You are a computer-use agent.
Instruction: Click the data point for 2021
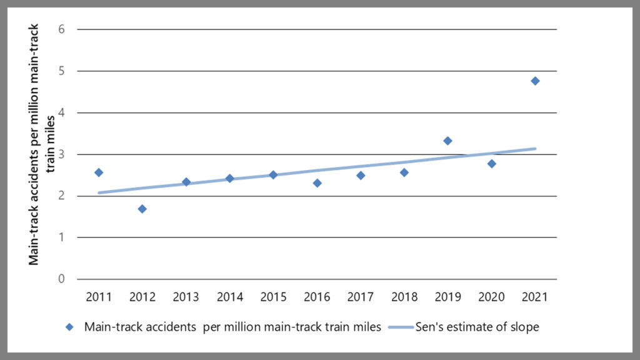tap(535, 81)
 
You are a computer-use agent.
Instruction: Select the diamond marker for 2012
tap(142, 209)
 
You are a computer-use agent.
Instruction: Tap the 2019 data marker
tap(447, 141)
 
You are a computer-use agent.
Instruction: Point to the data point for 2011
tap(99, 172)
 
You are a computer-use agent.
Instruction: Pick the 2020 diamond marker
tap(492, 164)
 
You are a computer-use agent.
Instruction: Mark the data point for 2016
tap(317, 183)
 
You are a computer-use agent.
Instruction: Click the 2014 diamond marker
tap(230, 178)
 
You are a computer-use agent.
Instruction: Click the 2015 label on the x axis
tap(273, 297)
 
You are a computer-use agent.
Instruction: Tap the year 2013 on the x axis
tap(186, 297)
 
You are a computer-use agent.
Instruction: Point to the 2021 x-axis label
tap(535, 297)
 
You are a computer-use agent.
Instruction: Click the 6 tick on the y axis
tap(62, 29)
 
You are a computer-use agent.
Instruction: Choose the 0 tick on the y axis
tap(62, 279)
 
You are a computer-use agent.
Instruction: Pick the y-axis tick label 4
tap(62, 112)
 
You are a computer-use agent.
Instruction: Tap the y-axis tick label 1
tap(62, 237)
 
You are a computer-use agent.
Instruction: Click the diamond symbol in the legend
tap(70, 327)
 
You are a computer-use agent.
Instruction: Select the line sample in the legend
tap(400, 327)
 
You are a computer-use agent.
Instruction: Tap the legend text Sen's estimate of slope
tap(477, 327)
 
